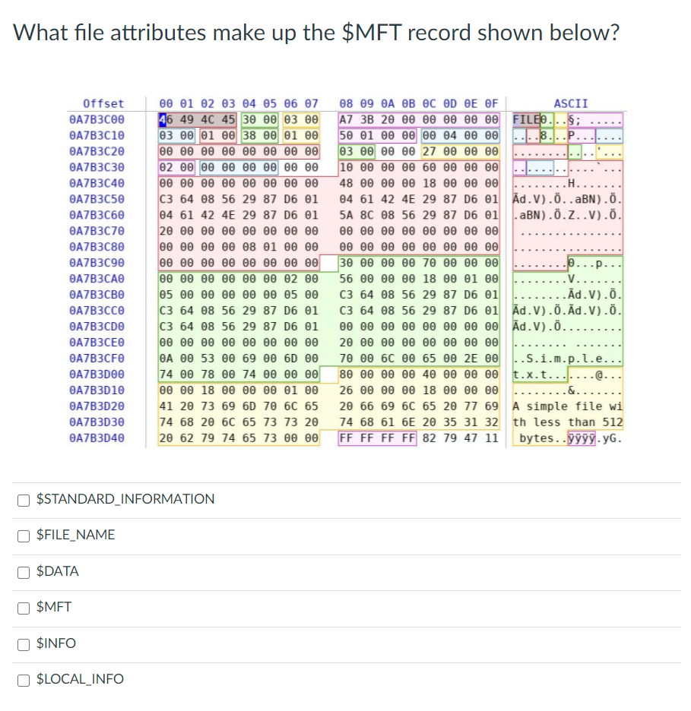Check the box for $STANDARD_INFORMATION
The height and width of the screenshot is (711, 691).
25,500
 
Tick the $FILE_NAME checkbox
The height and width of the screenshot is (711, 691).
25,536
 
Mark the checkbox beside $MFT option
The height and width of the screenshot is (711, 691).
25,608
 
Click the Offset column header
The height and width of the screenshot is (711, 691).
103,103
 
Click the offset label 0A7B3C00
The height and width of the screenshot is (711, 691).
97,119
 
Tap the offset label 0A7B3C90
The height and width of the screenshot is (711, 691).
97,263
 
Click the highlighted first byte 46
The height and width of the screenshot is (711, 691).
164,119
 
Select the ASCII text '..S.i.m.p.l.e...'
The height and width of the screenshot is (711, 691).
568,359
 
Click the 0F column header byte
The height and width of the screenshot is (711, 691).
491,103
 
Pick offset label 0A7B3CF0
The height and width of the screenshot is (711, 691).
97,359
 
